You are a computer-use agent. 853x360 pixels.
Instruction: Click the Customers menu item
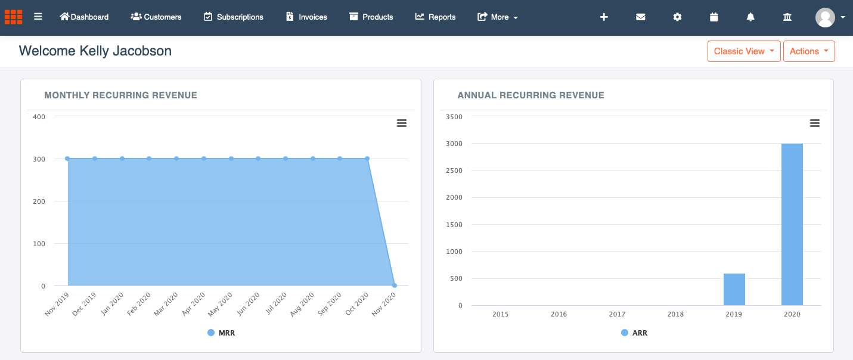point(156,17)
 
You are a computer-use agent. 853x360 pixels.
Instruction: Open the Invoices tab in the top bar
point(306,17)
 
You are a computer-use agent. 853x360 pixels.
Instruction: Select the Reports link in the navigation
point(435,17)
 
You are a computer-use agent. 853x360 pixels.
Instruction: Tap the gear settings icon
point(677,17)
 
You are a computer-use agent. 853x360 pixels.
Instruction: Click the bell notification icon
point(750,17)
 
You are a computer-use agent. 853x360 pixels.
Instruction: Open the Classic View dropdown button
point(744,51)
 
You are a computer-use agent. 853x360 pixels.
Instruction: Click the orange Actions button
point(808,51)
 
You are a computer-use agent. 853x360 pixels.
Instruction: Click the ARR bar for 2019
point(734,290)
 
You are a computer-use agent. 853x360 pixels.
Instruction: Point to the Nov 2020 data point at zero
point(395,285)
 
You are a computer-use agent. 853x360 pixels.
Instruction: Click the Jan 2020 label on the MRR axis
point(113,303)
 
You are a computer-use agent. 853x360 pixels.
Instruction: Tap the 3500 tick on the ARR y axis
point(454,117)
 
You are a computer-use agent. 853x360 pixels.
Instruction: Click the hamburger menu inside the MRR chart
point(402,123)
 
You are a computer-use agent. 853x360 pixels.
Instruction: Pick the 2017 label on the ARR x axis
point(617,314)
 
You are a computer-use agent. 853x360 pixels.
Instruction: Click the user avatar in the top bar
point(825,17)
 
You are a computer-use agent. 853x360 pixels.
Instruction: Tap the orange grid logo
point(13,17)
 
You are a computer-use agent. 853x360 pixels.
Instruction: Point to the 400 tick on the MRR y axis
point(39,117)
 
